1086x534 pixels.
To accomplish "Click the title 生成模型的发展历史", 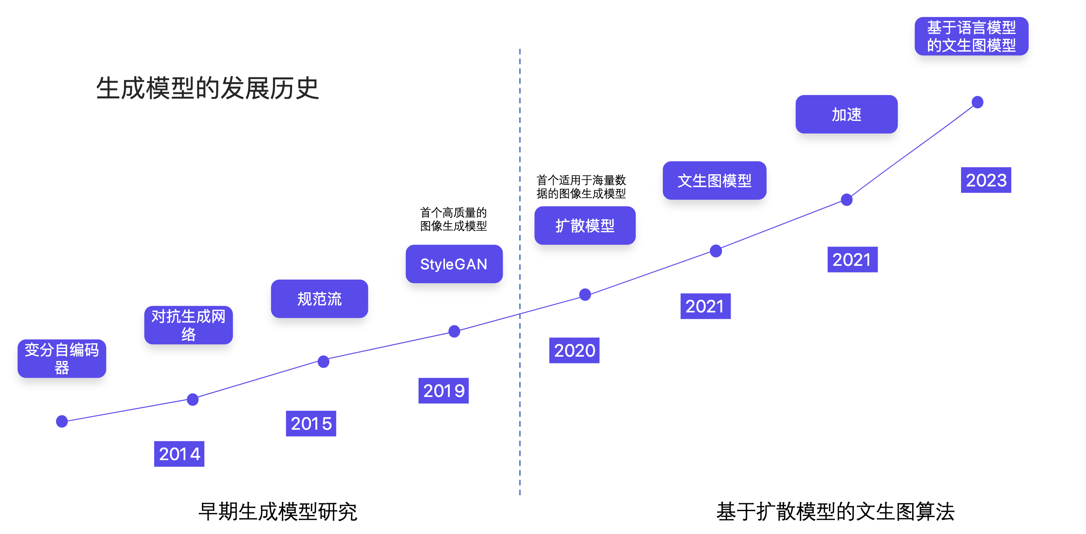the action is [x=207, y=88].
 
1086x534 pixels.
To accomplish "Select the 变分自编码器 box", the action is [x=62, y=358].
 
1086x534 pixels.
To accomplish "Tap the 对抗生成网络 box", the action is [x=189, y=325].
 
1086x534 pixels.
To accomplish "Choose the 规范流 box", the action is [x=320, y=299].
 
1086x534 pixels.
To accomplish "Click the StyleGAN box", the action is [x=454, y=264].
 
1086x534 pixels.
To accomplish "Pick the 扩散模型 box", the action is [x=585, y=226].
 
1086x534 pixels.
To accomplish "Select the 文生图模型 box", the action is [x=715, y=181].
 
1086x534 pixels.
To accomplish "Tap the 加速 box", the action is [x=847, y=114].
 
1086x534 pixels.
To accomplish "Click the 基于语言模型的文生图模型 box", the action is [x=971, y=36].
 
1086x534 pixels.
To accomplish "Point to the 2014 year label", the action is [x=179, y=454].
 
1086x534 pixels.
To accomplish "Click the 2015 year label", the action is [x=311, y=423].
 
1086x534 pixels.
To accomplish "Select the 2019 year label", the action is [x=443, y=391].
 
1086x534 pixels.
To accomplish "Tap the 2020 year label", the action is [x=574, y=350].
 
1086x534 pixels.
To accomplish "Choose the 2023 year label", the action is [x=986, y=180].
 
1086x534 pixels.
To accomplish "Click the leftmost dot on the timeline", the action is [x=62, y=421].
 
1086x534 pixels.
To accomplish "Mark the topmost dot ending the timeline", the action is [x=978, y=102].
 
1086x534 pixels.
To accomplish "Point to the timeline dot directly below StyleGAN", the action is [x=454, y=331].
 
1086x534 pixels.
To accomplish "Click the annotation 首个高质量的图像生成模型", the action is [x=454, y=219].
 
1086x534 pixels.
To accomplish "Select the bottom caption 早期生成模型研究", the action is [x=278, y=511].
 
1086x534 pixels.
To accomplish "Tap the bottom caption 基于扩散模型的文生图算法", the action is [x=835, y=511].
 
